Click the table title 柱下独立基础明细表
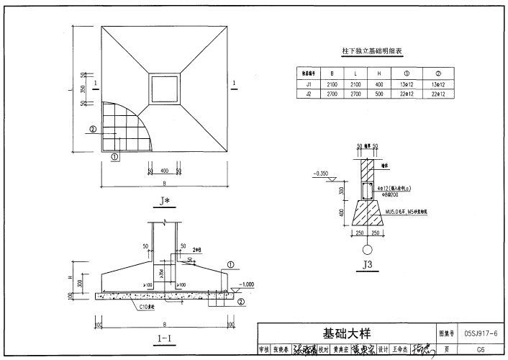click(x=371, y=52)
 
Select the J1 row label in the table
click(x=308, y=84)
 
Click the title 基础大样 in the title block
click(x=346, y=333)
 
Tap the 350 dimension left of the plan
click(x=84, y=89)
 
